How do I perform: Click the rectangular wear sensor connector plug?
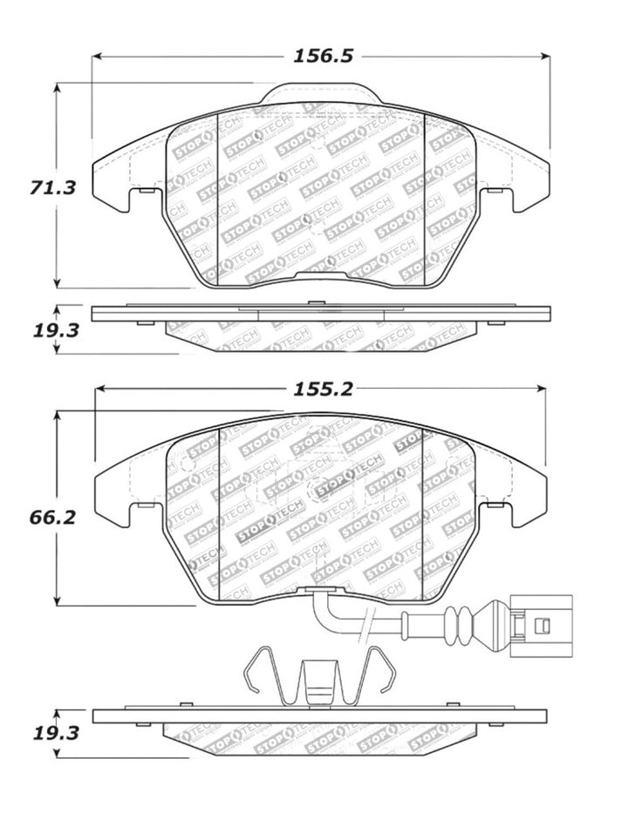539,624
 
